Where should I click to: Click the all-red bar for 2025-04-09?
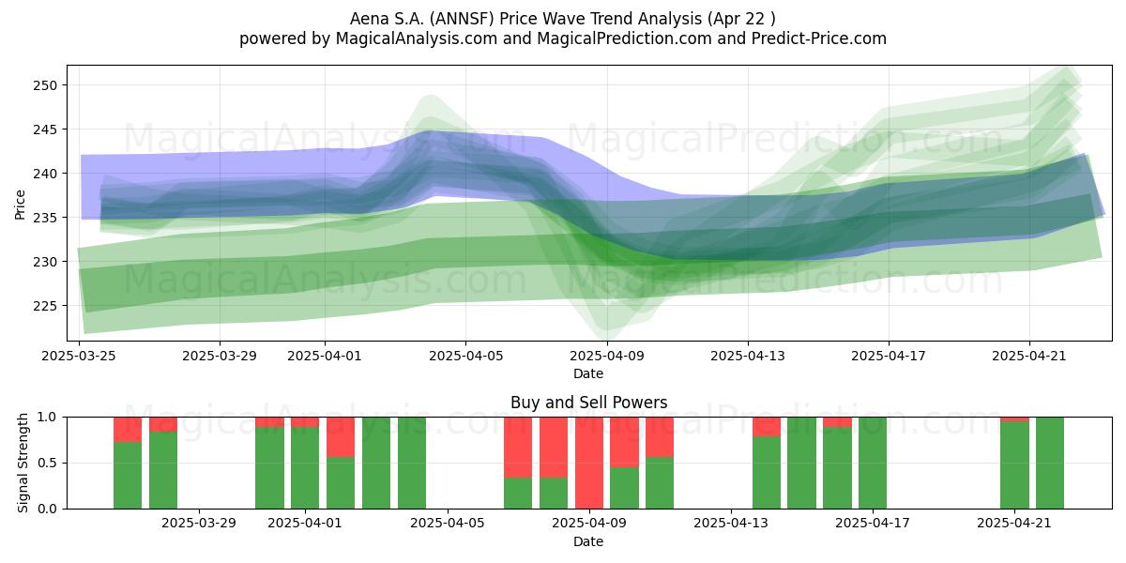[x=589, y=463]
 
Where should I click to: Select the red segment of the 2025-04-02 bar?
[x=341, y=437]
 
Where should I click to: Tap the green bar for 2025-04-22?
[x=1050, y=463]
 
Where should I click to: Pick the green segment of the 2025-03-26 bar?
[x=128, y=475]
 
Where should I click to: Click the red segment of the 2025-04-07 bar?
[x=518, y=447]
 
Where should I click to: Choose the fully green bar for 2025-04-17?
[x=872, y=463]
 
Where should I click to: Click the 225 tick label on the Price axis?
[x=45, y=306]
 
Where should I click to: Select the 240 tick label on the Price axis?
[x=45, y=174]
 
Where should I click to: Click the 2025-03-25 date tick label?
[x=79, y=356]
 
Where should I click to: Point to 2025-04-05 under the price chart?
[x=466, y=356]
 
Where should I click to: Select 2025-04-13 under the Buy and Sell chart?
[x=731, y=524]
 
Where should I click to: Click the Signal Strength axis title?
[x=23, y=463]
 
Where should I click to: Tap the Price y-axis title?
[x=20, y=205]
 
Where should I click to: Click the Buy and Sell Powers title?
[x=588, y=403]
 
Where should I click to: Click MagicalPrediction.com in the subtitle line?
[x=624, y=38]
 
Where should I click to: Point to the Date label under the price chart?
[x=588, y=373]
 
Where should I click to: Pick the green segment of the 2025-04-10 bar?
[x=624, y=488]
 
